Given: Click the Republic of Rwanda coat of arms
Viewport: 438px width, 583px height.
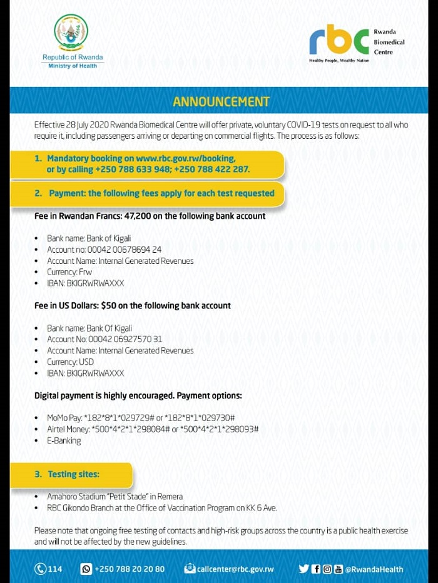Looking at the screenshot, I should pos(71,33).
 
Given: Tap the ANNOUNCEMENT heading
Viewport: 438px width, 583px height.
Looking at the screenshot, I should pos(221,102).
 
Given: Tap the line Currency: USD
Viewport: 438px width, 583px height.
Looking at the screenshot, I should pos(70,362).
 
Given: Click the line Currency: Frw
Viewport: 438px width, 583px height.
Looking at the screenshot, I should pos(70,272).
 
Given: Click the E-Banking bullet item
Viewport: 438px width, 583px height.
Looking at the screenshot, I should pos(64,440).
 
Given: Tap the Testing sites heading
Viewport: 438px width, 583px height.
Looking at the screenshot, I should pos(73,475).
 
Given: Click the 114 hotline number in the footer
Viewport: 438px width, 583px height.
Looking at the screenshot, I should pos(56,569).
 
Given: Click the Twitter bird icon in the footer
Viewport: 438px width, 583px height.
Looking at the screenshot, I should pos(303,569).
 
